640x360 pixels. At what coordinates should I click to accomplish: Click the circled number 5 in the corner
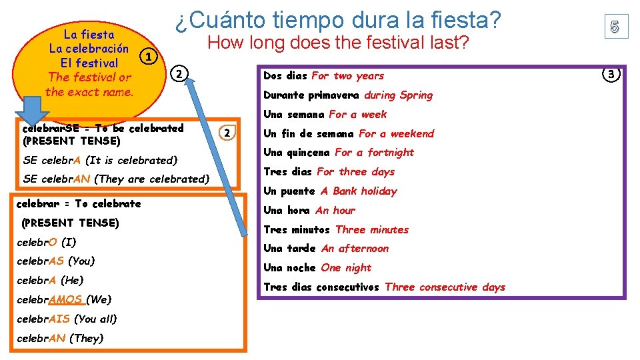pos(615,27)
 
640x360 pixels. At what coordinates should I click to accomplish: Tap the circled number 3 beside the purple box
pos(612,73)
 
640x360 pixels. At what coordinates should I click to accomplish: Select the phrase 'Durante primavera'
pos(311,95)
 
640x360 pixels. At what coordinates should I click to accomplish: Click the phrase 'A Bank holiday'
pos(358,191)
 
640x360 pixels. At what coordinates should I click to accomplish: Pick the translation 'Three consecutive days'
pos(445,287)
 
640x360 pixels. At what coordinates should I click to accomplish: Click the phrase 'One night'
pos(346,268)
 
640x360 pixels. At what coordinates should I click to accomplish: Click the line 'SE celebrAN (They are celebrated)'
pos(116,179)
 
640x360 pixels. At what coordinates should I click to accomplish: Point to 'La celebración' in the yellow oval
pos(89,49)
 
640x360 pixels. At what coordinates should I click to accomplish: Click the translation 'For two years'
pos(347,76)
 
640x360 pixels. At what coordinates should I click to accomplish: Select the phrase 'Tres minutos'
pos(297,230)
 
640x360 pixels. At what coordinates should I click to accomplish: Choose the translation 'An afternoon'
pos(355,249)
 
